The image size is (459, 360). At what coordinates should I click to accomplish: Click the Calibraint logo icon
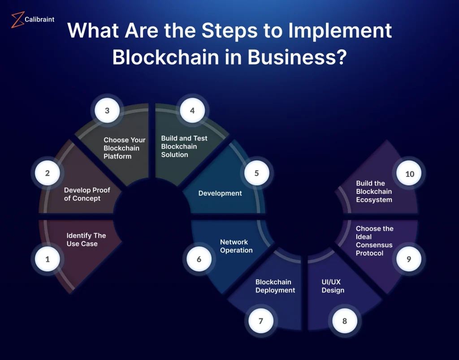coord(17,20)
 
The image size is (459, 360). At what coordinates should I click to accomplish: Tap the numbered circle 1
coord(48,259)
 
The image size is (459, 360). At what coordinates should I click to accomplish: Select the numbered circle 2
coord(48,173)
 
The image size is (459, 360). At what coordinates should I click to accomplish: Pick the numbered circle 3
coord(107,110)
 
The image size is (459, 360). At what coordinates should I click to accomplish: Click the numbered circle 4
coord(192,110)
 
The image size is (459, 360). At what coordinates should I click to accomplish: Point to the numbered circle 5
coord(256,173)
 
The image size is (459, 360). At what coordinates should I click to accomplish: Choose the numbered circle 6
coord(199,259)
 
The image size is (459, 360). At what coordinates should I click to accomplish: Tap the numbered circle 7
coord(260,321)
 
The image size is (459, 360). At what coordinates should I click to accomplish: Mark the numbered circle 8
coord(344,321)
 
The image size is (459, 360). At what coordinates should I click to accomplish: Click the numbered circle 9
coord(408,259)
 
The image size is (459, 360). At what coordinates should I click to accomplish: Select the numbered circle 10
coord(409,174)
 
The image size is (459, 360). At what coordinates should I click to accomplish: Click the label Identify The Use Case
coord(86,240)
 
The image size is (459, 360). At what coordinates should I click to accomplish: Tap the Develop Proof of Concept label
coord(87,194)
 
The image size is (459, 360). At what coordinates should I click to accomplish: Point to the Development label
coord(220,193)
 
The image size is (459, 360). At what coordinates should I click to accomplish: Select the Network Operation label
coord(236,246)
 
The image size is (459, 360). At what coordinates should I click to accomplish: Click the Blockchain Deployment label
coord(275,286)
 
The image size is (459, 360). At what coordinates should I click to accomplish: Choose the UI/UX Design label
coord(333,286)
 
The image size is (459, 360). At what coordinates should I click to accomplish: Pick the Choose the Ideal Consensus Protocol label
coord(374,241)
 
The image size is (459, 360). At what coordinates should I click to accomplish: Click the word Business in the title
coord(291,57)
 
